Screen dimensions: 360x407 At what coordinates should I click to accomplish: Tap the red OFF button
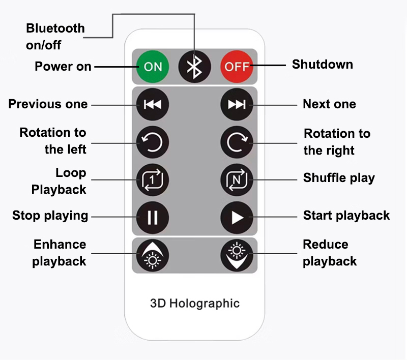tap(237, 67)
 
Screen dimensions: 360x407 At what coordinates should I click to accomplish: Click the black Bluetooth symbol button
tap(194, 67)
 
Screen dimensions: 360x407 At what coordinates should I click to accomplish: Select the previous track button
tap(152, 105)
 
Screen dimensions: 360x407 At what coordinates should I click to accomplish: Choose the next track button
tap(237, 105)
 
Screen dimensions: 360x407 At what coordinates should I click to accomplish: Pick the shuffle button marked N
tap(237, 179)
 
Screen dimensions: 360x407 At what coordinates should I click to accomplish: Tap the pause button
tap(152, 217)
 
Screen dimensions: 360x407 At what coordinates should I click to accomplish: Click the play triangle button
tap(237, 217)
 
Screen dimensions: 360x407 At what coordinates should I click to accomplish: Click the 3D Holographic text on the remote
tap(195, 304)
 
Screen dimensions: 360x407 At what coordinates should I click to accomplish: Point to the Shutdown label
tap(322, 65)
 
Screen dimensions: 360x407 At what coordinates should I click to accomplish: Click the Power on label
tap(63, 67)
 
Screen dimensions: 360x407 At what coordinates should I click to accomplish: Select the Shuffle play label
tap(339, 178)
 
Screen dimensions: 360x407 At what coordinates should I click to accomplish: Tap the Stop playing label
tap(50, 216)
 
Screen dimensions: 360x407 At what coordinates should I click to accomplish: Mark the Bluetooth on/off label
tap(54, 37)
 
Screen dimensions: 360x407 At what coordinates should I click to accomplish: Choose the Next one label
tap(329, 104)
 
